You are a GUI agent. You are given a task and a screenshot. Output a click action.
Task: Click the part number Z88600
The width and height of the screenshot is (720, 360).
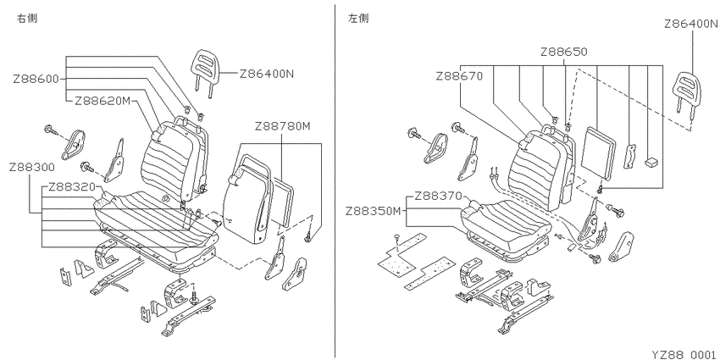36,80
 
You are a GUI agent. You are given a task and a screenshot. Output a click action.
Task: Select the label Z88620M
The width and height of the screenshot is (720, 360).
102,102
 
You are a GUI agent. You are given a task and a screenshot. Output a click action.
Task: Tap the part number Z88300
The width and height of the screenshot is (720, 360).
31,167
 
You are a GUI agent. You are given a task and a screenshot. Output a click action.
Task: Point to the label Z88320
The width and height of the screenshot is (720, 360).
71,187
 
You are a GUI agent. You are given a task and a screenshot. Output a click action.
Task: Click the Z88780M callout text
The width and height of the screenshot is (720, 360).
282,126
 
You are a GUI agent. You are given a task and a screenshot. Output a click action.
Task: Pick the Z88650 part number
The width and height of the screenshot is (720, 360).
564,52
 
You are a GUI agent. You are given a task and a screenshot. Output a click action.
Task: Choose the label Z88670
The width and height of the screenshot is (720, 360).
459,76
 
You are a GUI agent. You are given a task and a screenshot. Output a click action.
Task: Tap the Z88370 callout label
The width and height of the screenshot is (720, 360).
438,197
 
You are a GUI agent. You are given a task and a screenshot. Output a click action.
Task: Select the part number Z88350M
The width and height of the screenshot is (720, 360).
374,211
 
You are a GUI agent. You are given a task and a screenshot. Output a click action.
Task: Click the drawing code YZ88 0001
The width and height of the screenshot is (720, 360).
685,354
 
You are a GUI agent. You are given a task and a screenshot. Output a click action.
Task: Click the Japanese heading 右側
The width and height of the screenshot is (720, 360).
27,19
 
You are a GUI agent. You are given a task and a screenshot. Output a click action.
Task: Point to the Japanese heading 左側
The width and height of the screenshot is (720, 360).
358,19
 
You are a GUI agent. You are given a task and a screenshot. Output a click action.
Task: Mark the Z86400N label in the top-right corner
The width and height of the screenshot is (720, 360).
691,24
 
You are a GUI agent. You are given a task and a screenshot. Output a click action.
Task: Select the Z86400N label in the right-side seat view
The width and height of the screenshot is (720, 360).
266,74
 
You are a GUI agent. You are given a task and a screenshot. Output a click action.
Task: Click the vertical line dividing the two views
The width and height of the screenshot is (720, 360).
335,181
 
